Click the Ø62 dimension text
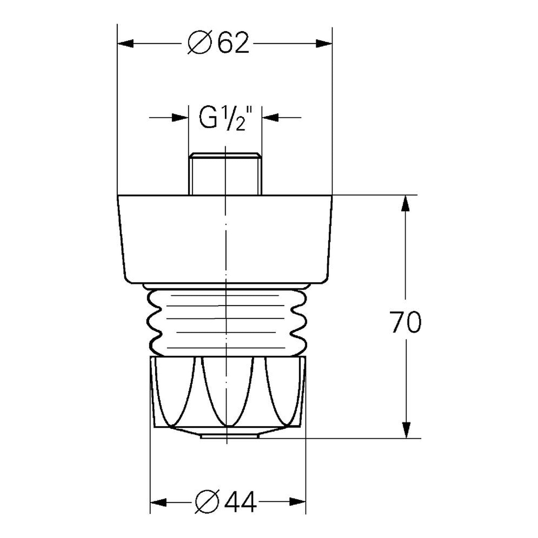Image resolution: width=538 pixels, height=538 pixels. pos(219,43)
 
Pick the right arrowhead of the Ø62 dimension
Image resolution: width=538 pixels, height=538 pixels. pos(323,43)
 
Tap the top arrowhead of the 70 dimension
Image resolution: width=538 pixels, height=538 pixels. pos(406,203)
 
